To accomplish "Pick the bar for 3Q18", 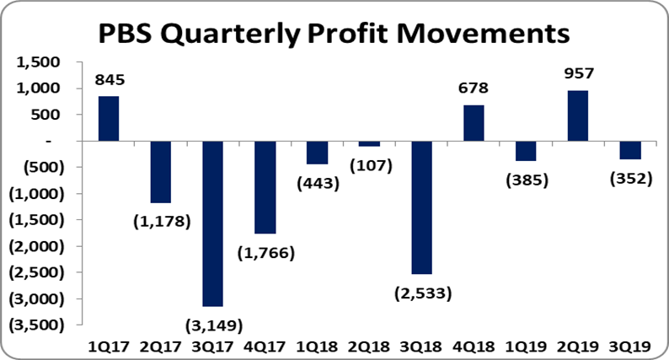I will click(x=421, y=207).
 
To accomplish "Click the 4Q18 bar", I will click(x=474, y=123).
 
